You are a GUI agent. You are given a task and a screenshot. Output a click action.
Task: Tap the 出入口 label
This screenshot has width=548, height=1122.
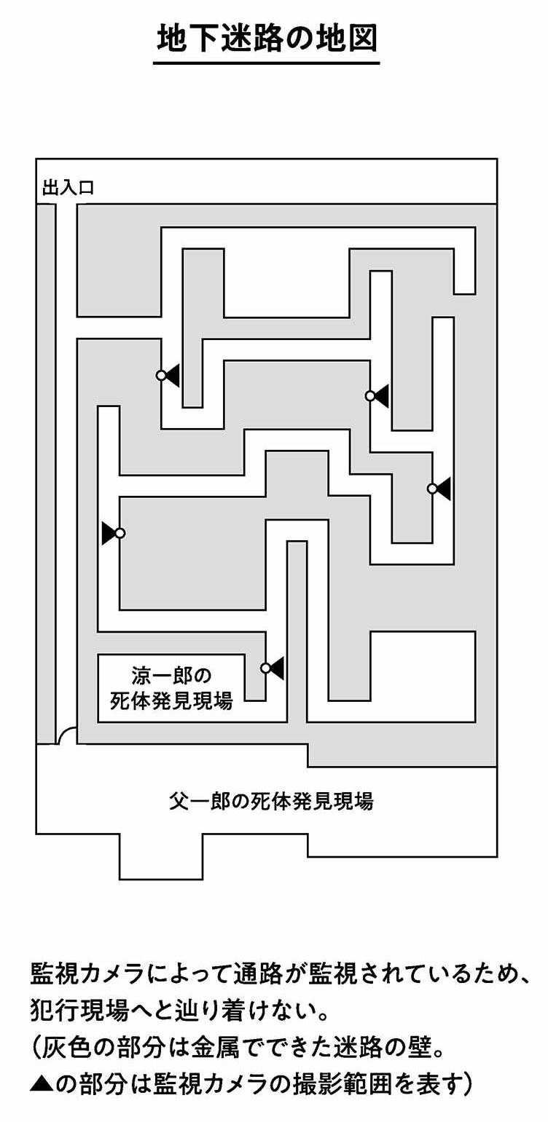coord(68,189)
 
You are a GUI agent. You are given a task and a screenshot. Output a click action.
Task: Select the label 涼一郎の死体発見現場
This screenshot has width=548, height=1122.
coord(172,689)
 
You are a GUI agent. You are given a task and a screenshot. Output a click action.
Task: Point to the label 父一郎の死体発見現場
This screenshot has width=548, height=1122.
coord(271,801)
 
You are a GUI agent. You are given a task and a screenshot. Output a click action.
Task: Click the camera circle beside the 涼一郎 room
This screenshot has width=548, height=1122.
coord(266,668)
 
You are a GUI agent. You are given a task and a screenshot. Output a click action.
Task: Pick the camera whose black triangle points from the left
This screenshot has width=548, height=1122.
coord(120,533)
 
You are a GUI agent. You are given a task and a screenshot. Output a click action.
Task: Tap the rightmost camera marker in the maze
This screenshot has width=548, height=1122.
coord(432,489)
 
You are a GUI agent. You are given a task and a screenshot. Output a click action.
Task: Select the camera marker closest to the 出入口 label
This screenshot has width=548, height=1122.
coord(162,375)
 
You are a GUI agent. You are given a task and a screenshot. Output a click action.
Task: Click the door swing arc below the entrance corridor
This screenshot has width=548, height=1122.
coord(68,736)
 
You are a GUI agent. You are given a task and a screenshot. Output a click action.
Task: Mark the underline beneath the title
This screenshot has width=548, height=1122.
coord(267,63)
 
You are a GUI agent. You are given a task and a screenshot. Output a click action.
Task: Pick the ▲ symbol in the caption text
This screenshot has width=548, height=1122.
coord(41,1085)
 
